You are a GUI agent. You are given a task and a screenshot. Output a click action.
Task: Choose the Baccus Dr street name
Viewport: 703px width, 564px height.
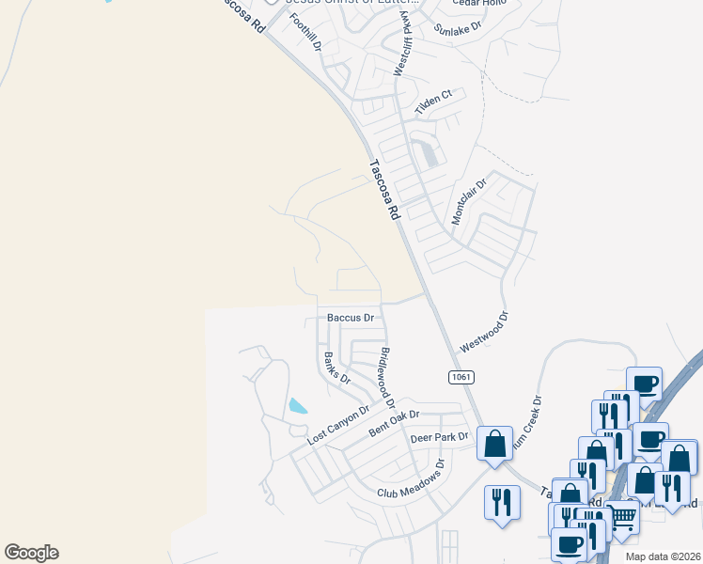[351, 318]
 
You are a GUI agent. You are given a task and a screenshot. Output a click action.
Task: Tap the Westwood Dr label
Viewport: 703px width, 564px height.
[483, 333]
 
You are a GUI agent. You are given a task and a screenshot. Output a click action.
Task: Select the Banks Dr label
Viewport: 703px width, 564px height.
[336, 368]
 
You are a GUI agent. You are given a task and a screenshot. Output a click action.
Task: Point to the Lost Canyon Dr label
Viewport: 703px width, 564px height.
[339, 424]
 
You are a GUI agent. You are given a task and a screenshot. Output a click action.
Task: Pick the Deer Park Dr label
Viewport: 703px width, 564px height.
[439, 437]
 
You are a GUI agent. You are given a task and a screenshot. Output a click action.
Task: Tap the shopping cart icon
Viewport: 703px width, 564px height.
[622, 517]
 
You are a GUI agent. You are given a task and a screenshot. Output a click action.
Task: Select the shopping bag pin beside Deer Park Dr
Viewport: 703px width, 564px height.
[495, 444]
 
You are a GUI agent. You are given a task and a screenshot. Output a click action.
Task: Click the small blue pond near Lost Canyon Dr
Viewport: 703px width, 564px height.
[297, 406]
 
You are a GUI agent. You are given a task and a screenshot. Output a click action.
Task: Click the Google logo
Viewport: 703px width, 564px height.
[31, 553]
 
